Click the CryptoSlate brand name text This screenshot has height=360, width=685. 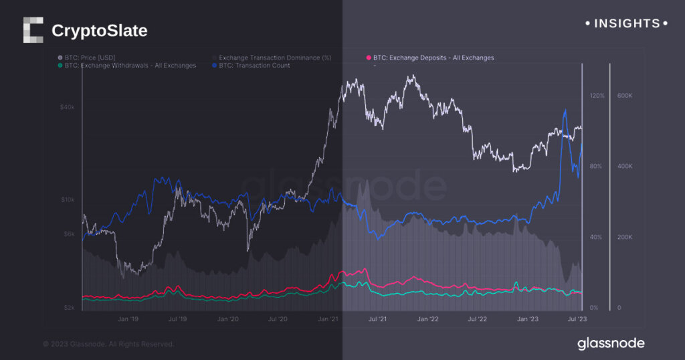coord(99,31)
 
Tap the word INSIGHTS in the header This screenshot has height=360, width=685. coord(622,23)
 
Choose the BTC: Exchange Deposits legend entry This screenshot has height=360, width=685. coord(433,58)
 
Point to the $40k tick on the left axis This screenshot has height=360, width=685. coord(67,107)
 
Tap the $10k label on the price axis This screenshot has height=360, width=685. coord(67,200)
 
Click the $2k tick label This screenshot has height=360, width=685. coord(69,308)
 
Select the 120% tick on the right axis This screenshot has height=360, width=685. coord(597,96)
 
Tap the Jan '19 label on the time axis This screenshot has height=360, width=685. coord(128,320)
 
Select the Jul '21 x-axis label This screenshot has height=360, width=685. coord(377,320)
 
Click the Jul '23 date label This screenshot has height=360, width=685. coord(577,320)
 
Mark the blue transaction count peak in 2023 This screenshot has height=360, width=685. coord(566,110)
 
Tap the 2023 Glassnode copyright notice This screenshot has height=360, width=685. coord(108,344)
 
